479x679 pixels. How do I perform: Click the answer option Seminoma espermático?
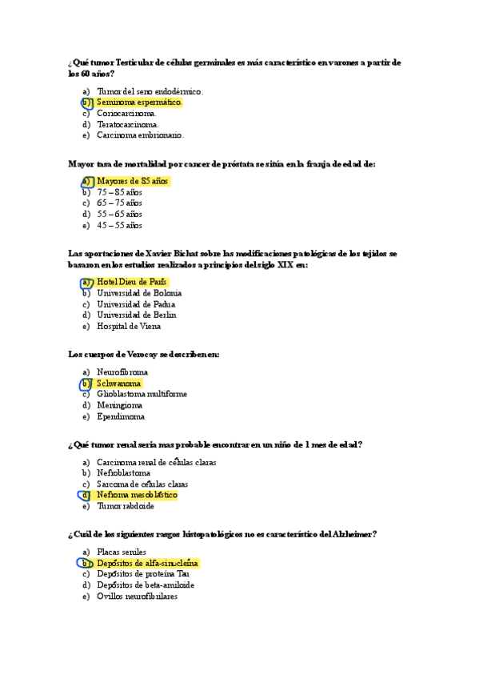click(x=139, y=102)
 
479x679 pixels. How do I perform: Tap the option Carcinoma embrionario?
click(x=140, y=135)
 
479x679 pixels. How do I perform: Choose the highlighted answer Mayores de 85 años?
click(x=132, y=182)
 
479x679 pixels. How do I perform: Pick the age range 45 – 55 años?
click(x=119, y=226)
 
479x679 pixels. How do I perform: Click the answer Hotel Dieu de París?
click(x=132, y=282)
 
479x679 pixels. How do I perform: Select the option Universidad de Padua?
click(x=136, y=304)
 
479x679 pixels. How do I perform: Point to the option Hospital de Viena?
click(x=129, y=326)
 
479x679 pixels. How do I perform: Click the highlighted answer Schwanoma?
click(x=118, y=384)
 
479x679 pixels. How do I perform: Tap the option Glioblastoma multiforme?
click(x=142, y=395)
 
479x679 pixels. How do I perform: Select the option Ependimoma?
click(x=121, y=416)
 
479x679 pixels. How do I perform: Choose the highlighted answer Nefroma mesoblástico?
click(x=136, y=496)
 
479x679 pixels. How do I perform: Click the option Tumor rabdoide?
click(x=126, y=506)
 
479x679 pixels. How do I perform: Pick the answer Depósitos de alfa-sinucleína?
click(x=147, y=563)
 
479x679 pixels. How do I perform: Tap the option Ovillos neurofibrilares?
click(x=137, y=596)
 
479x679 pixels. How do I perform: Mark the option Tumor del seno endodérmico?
click(x=150, y=91)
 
